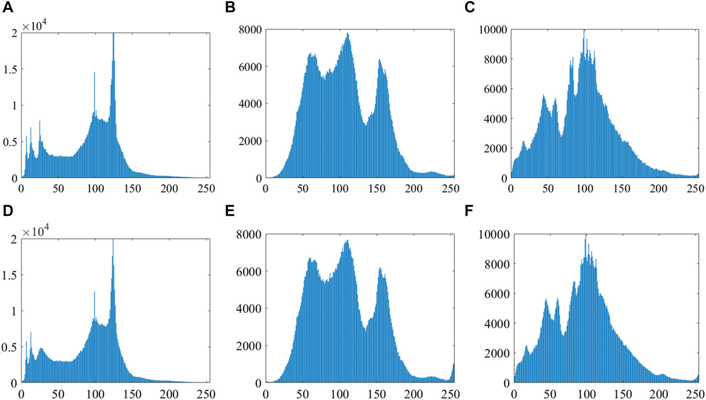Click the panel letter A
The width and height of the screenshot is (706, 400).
click(8, 7)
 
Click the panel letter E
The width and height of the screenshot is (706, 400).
click(230, 211)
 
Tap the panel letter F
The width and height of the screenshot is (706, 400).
click(469, 211)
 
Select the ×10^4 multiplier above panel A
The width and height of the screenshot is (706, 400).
click(34, 26)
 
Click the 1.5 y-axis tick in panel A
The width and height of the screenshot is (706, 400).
click(10, 69)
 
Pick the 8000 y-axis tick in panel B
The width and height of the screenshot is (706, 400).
click(250, 29)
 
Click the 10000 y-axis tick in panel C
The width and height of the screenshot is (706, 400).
click(493, 29)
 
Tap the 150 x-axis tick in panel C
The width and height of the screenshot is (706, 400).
click(622, 188)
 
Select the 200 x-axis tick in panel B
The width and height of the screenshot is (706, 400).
click(414, 188)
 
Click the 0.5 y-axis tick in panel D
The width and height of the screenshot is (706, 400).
click(10, 347)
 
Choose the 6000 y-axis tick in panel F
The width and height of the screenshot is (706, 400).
click(496, 294)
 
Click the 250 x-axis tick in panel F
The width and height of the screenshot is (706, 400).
click(696, 394)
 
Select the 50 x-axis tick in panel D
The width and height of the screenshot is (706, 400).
click(58, 394)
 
